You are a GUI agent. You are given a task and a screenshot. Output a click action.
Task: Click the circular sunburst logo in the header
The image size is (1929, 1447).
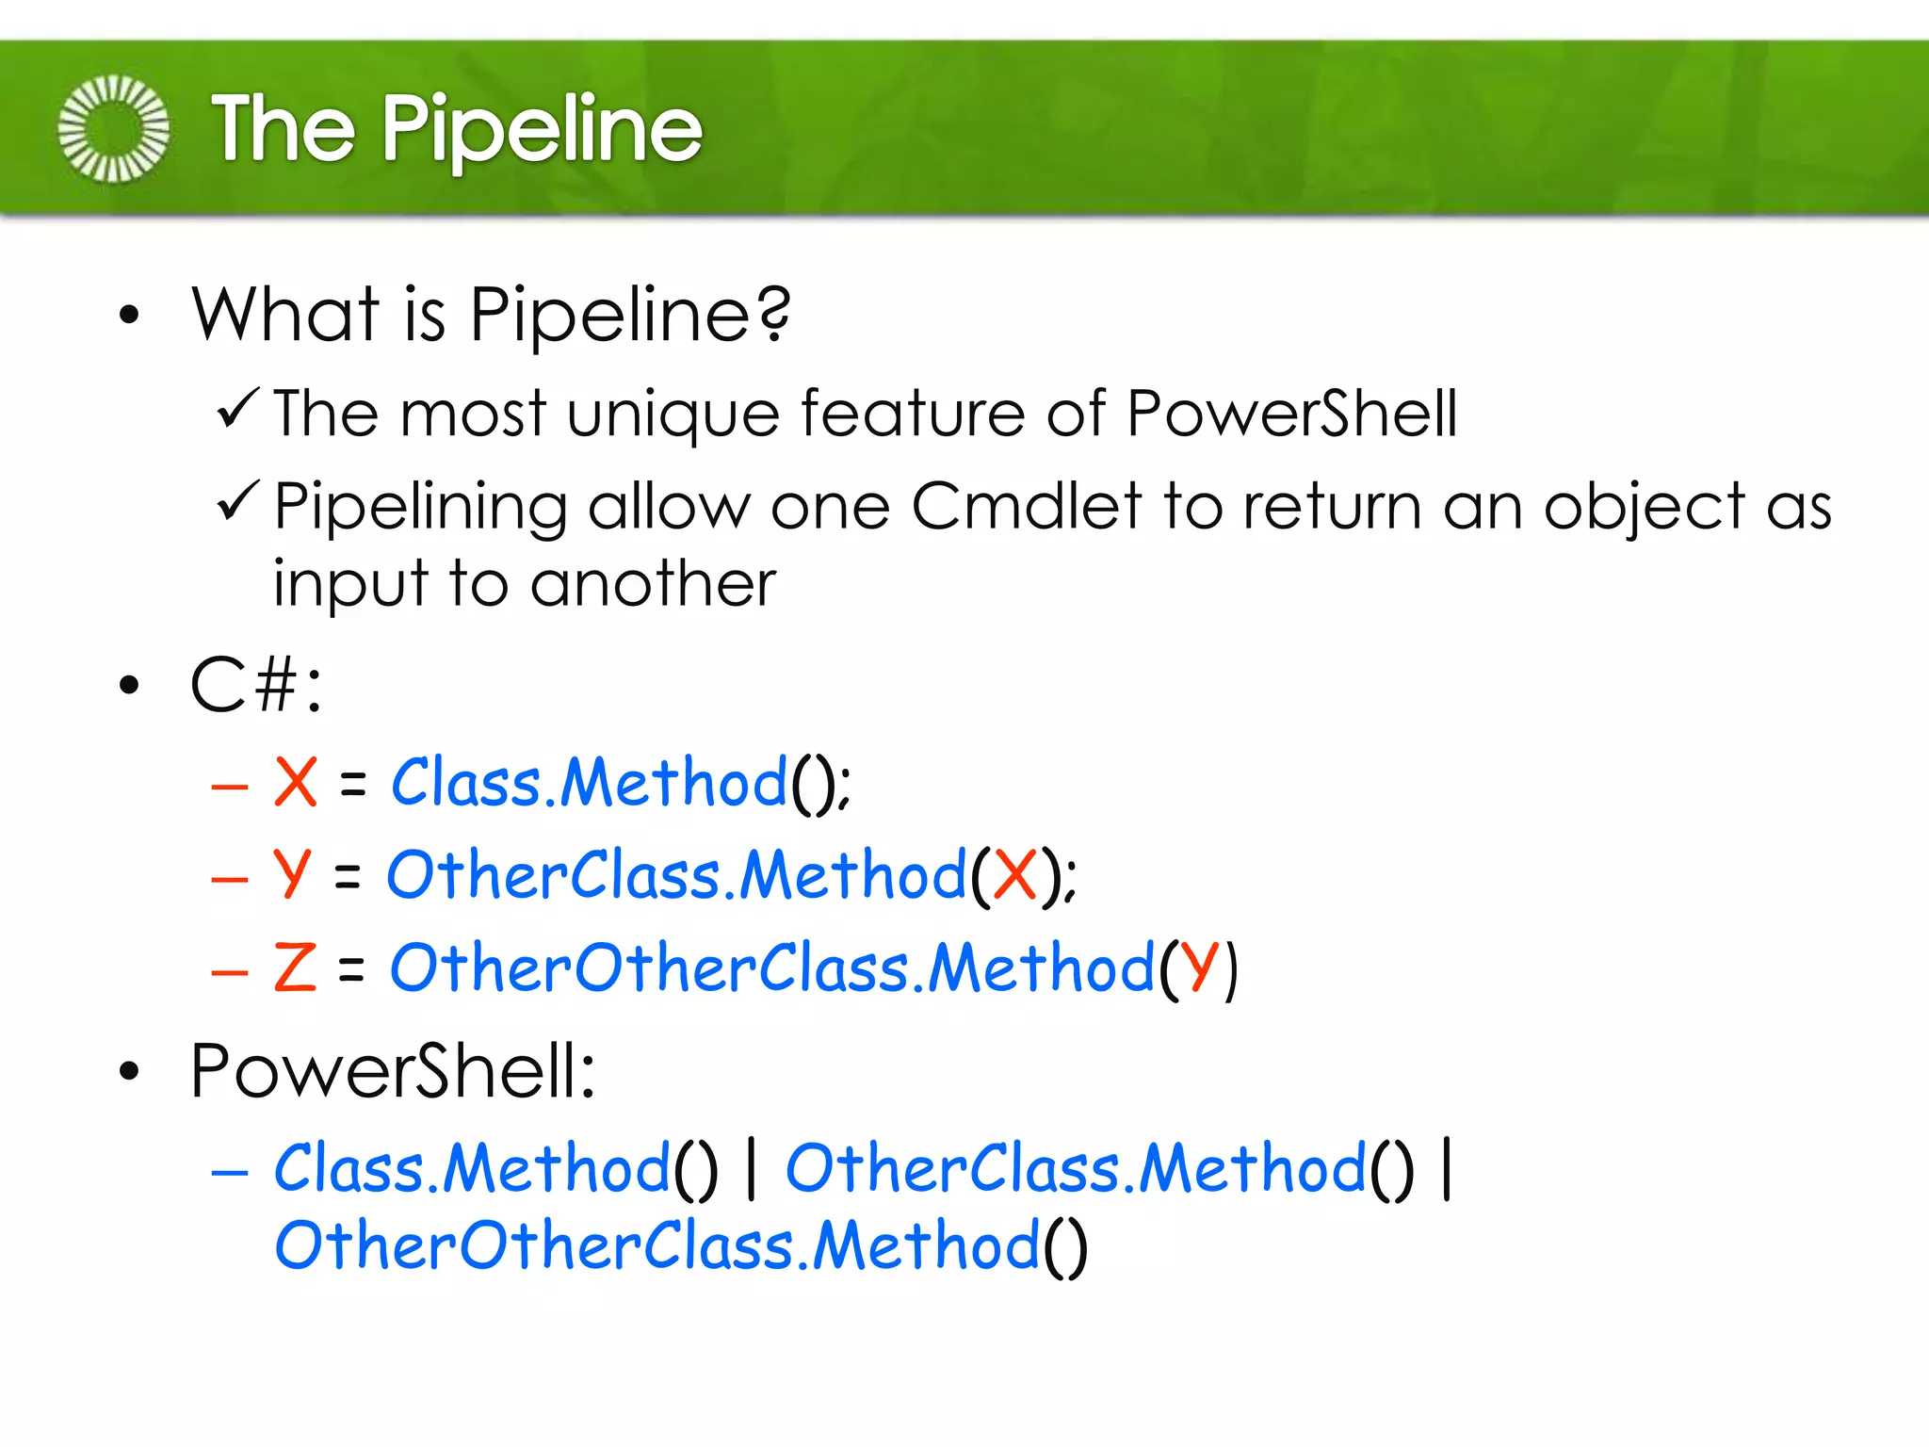tap(114, 129)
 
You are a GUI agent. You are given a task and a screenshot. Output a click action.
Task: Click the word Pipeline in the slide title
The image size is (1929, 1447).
tap(542, 131)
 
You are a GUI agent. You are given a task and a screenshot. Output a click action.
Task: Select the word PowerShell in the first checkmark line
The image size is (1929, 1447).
tap(1291, 415)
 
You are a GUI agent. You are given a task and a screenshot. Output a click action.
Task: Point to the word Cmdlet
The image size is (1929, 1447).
tap(1026, 507)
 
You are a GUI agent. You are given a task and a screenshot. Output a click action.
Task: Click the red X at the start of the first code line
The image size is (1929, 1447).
tap(295, 782)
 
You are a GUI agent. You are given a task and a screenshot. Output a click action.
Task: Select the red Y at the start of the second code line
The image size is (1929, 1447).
tap(291, 874)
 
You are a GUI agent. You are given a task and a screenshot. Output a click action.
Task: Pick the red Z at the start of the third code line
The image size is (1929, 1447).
tap(295, 967)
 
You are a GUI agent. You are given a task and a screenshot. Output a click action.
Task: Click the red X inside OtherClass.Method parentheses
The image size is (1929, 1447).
tap(1015, 875)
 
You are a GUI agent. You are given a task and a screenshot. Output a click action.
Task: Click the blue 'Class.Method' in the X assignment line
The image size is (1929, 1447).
tap(589, 782)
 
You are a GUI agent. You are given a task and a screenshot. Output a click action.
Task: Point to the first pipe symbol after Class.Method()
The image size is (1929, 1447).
tap(751, 1169)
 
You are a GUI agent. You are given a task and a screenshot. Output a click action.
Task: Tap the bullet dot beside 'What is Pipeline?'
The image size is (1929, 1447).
tap(129, 316)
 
